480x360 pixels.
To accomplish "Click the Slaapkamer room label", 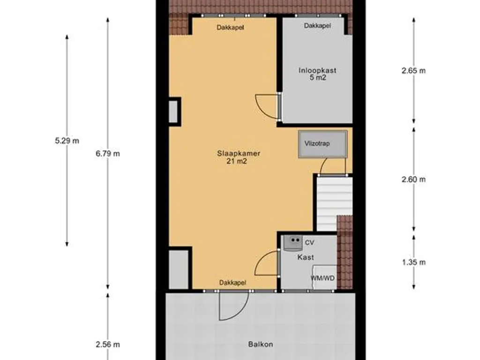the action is point(239,153).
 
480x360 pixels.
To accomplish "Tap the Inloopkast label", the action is point(317,70).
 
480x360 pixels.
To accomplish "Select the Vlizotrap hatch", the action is point(322,144).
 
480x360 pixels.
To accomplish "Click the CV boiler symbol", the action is point(292,243).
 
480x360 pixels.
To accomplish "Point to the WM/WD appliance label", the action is point(322,278).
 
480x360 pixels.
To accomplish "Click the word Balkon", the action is point(261,345).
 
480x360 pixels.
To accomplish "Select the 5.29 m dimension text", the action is point(67,141).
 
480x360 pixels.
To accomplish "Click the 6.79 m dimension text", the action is point(108,154).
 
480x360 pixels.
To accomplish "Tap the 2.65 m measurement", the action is point(413,71).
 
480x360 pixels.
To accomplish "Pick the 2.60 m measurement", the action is point(413,180).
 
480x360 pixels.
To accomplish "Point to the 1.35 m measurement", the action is point(413,262).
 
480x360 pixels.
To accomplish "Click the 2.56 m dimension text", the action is point(108,345).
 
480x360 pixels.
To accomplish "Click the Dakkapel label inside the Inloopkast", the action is point(317,26).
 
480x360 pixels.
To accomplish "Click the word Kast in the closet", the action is point(306,257).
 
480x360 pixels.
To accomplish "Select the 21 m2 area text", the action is point(237,161).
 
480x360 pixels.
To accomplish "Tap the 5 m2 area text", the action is point(318,77).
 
